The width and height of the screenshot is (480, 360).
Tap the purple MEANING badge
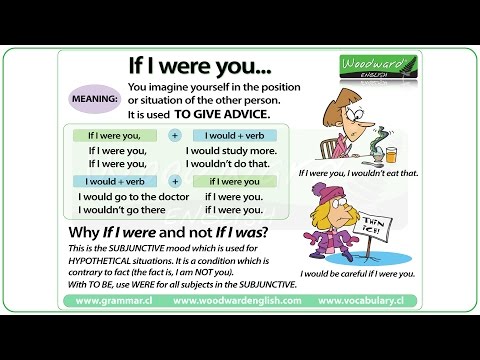tap(93, 100)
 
